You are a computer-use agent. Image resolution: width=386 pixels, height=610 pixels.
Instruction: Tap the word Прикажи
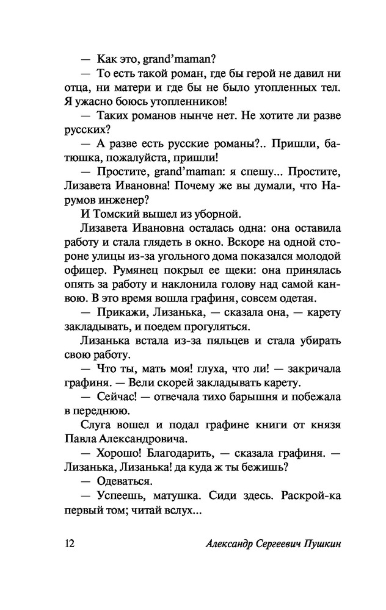point(121,312)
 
